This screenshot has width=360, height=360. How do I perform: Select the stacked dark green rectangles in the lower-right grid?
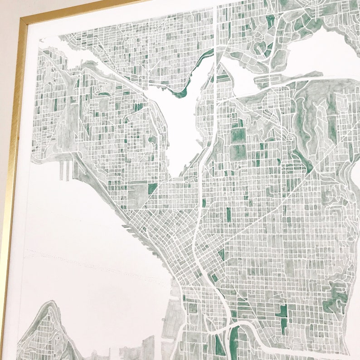[283, 317]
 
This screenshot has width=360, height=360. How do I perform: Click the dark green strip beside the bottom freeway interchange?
[234, 340]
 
